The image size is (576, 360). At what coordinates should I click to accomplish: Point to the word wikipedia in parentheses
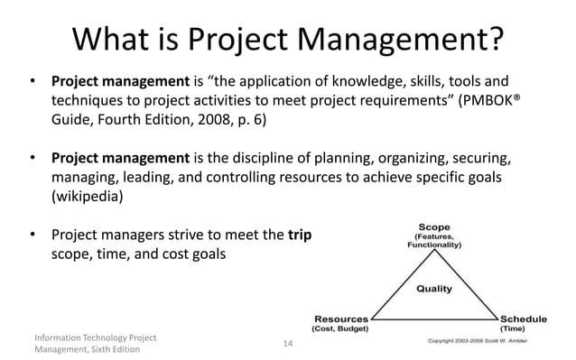(x=87, y=195)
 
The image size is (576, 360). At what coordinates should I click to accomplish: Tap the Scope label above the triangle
(x=433, y=226)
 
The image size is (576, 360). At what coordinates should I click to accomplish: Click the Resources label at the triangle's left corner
(x=341, y=318)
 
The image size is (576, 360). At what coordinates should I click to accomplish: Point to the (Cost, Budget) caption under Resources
(x=341, y=329)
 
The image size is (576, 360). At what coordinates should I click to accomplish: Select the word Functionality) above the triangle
(x=433, y=245)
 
